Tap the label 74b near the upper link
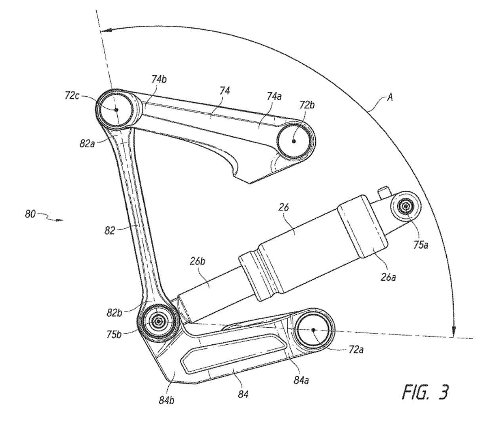click(x=158, y=79)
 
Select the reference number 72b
click(x=307, y=105)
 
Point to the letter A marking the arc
click(x=390, y=97)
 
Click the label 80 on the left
click(x=30, y=214)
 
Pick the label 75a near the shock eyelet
click(x=421, y=245)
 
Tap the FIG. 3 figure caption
click(x=426, y=392)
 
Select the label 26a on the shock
click(x=388, y=277)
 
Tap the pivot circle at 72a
click(x=313, y=330)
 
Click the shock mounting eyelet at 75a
click(x=406, y=207)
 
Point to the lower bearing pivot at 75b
click(x=159, y=321)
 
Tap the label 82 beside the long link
click(x=110, y=230)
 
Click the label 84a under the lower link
click(x=301, y=380)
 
